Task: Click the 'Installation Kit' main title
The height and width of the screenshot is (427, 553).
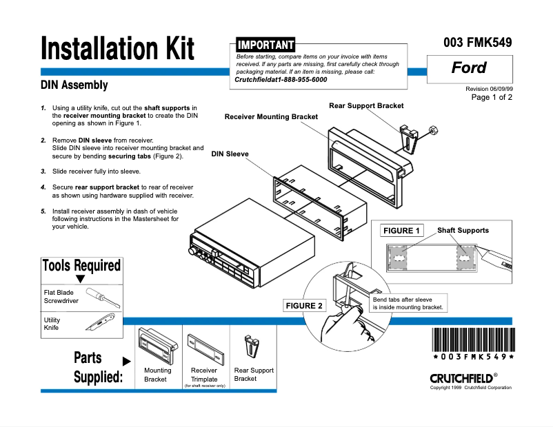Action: click(117, 49)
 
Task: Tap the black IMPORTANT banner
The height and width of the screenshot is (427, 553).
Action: click(265, 45)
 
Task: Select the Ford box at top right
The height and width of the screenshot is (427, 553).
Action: click(469, 67)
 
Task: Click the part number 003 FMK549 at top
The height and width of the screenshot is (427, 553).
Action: click(477, 43)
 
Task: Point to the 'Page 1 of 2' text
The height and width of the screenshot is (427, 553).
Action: click(491, 97)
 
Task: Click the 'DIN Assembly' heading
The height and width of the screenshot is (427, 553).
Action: click(74, 85)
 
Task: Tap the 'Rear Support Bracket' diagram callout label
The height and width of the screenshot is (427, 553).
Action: click(366, 105)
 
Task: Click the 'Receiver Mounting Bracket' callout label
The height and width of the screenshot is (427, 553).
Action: click(271, 117)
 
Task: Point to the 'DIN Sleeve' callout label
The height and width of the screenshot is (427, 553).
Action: click(230, 154)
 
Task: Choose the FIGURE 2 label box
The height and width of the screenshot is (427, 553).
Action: click(304, 305)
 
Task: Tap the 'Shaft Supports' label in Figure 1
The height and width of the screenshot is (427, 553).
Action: click(463, 231)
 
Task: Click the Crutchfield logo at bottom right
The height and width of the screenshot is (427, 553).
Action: click(461, 378)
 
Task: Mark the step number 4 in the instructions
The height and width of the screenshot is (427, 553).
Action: click(43, 187)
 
